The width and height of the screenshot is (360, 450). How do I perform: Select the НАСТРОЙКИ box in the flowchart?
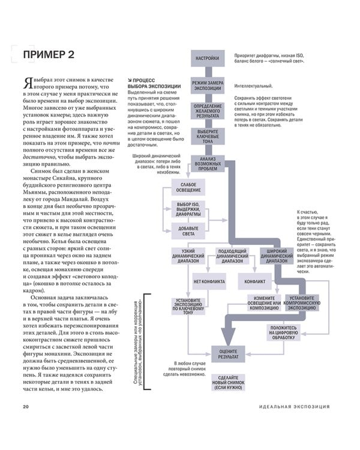pyautogui.click(x=207, y=59)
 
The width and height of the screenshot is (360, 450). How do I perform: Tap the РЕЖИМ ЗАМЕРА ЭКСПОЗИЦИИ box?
pyautogui.click(x=208, y=85)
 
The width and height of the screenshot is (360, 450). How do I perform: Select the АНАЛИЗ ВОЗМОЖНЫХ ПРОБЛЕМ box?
pyautogui.click(x=208, y=161)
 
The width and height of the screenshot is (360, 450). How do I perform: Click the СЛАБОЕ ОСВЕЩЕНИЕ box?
pyautogui.click(x=188, y=187)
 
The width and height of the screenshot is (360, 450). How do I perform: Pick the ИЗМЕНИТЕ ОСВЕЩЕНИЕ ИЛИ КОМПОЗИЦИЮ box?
pyautogui.click(x=264, y=302)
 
